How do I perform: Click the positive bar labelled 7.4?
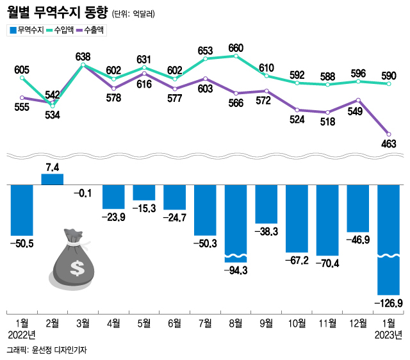[x=53, y=179]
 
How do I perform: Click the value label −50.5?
[x=21, y=244]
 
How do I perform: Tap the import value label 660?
[x=236, y=47]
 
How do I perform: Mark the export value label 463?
[x=389, y=144]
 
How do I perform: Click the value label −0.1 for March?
[x=83, y=192]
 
